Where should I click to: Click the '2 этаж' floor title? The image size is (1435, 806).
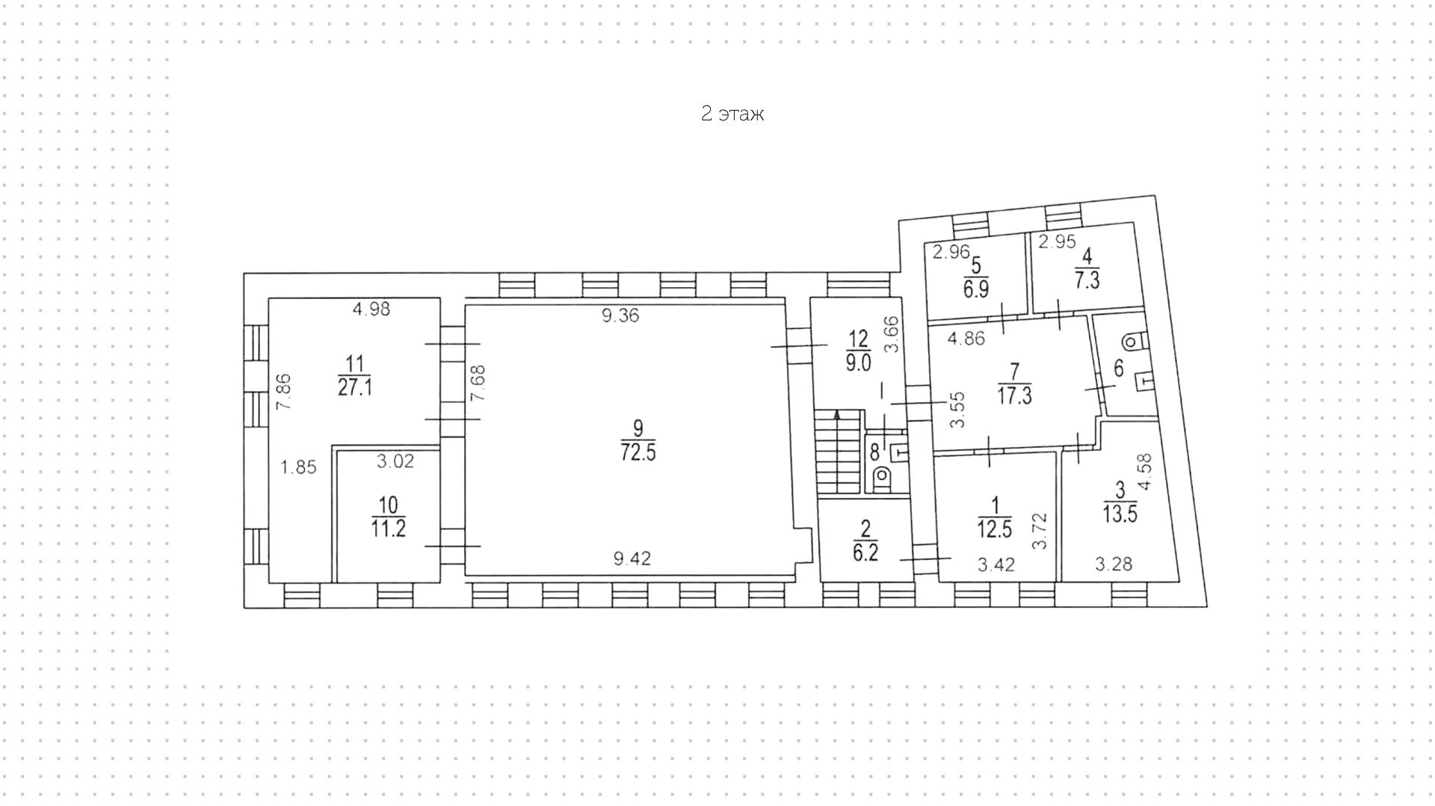(x=732, y=114)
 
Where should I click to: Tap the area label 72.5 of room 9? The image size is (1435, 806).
(x=638, y=452)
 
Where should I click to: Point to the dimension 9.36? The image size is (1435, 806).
(x=621, y=316)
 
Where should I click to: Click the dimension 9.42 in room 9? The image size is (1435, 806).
(x=632, y=558)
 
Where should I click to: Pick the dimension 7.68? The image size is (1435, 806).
(x=478, y=383)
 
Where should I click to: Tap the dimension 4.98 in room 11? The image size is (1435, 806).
(x=371, y=309)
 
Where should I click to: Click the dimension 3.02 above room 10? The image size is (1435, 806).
(x=395, y=461)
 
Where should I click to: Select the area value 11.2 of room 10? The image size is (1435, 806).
(x=389, y=528)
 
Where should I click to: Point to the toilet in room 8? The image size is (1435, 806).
(x=883, y=476)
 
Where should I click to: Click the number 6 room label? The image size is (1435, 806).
(x=1119, y=368)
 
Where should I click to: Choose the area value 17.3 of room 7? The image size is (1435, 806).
(x=1014, y=395)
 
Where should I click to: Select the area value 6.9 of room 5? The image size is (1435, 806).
(x=976, y=289)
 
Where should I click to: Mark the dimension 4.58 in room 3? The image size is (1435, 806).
(x=1144, y=473)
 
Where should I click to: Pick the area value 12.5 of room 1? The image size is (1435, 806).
(x=995, y=529)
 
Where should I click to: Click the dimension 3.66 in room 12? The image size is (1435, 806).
(x=892, y=335)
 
